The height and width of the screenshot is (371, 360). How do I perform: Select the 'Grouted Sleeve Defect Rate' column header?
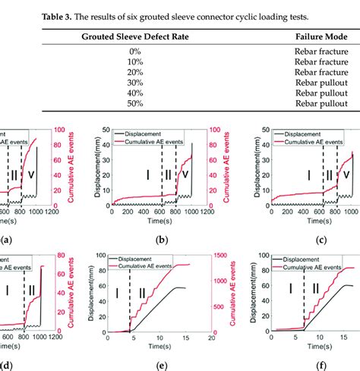[135, 36]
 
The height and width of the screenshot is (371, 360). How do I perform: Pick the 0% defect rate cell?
[135, 51]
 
